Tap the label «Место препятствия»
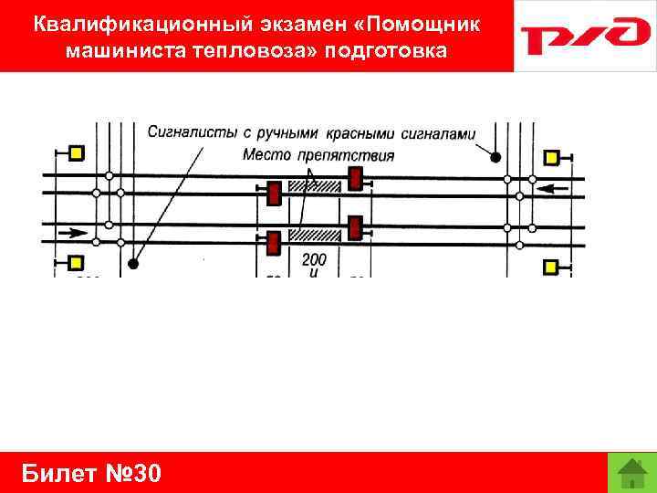[x=318, y=154]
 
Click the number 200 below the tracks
[x=314, y=260]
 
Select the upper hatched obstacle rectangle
[x=314, y=186]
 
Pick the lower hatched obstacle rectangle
[x=314, y=235]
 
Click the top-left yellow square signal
[x=76, y=152]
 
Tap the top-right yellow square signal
[x=551, y=157]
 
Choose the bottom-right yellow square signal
[x=551, y=267]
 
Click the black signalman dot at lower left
[x=133, y=265]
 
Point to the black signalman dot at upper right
[x=495, y=157]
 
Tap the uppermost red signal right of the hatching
[x=355, y=177]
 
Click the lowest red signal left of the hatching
[x=272, y=244]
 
